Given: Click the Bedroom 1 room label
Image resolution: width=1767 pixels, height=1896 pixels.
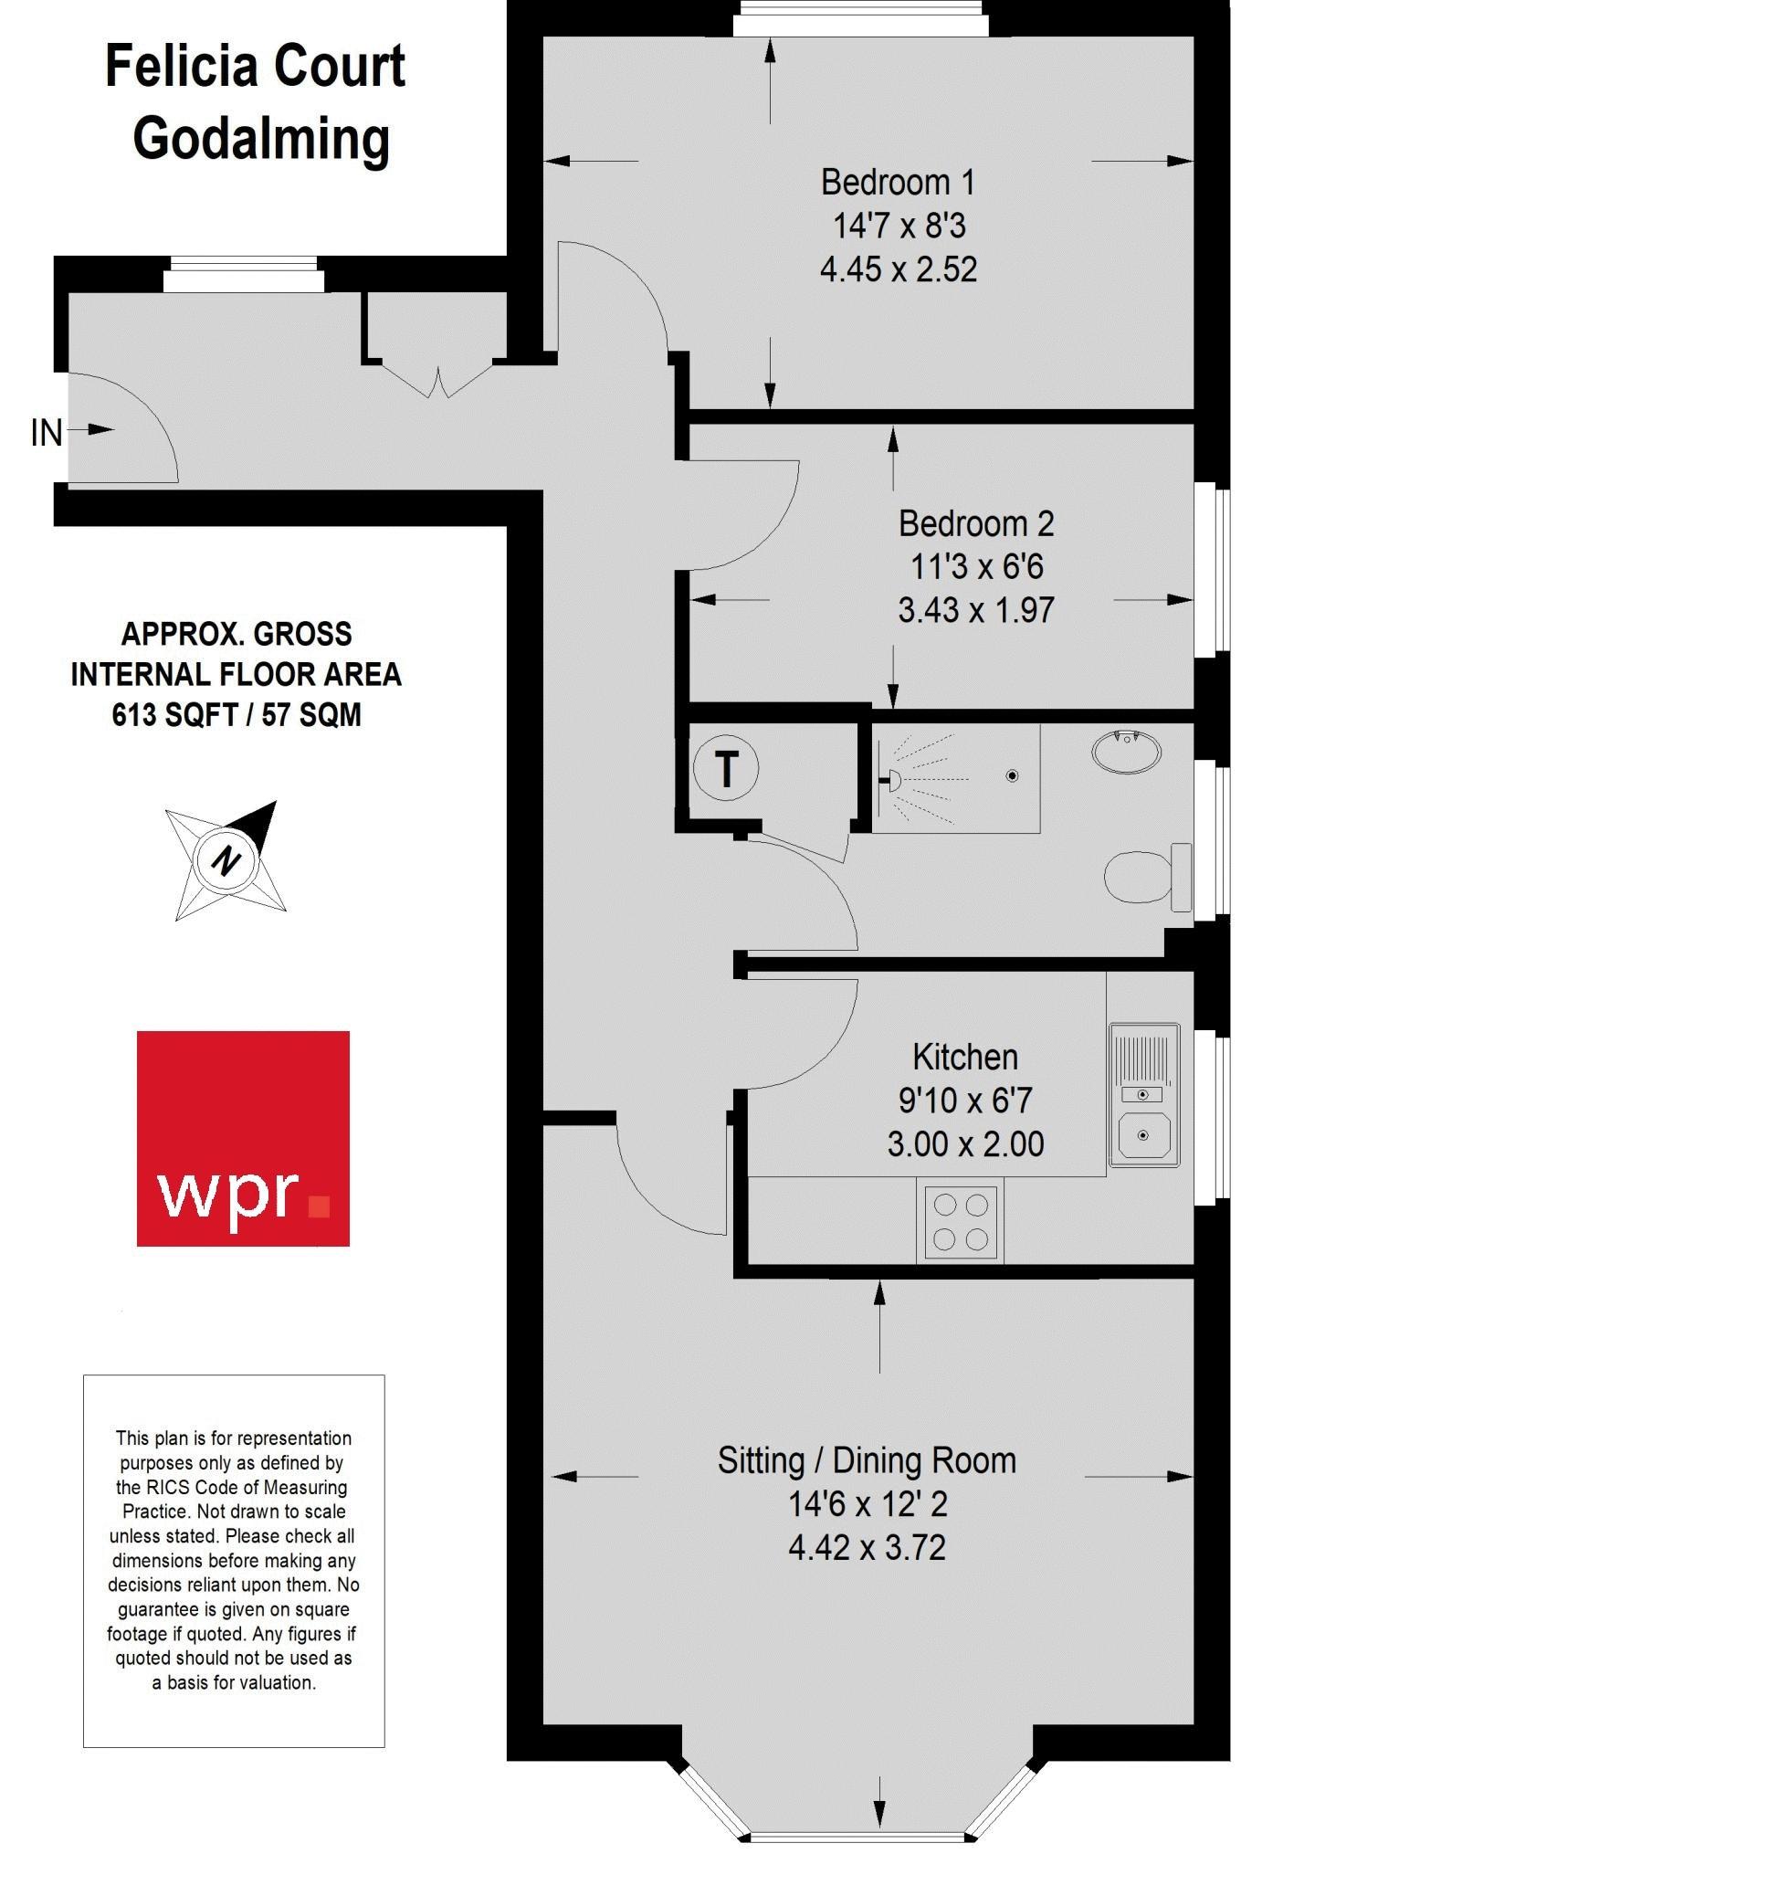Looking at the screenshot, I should coord(898,181).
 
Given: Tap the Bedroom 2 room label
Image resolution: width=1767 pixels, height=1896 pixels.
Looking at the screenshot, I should coord(975,522).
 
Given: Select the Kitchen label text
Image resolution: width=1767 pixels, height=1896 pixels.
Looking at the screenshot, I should coord(964,1056).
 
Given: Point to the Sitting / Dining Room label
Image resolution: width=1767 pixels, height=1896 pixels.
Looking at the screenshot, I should coord(866,1460).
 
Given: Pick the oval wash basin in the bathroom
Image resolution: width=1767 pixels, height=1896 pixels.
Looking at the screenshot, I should coord(1126,752).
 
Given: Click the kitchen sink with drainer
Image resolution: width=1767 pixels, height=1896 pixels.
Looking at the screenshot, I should coord(1143,1095).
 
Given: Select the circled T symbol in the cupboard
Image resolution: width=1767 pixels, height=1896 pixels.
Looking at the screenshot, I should coord(726,768).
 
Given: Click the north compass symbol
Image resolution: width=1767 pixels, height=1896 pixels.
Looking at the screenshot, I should coord(226,860).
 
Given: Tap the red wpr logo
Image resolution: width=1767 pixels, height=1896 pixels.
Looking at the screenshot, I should coord(243,1138).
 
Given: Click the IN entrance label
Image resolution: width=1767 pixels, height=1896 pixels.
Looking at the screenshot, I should coord(46,433).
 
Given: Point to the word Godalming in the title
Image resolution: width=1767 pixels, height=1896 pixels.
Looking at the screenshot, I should coord(261,138).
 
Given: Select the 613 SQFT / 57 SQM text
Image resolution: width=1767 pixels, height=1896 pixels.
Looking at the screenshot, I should coord(237,714).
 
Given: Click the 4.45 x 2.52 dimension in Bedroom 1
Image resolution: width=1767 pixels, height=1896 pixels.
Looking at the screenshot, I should coord(899,269).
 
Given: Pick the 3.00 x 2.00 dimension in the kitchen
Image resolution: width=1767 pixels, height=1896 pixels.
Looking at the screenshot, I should coord(965,1143).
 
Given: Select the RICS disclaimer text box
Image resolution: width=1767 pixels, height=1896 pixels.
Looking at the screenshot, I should coord(234,1561).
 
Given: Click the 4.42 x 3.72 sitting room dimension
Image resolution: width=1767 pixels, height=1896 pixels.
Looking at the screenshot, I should coord(867,1547).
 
